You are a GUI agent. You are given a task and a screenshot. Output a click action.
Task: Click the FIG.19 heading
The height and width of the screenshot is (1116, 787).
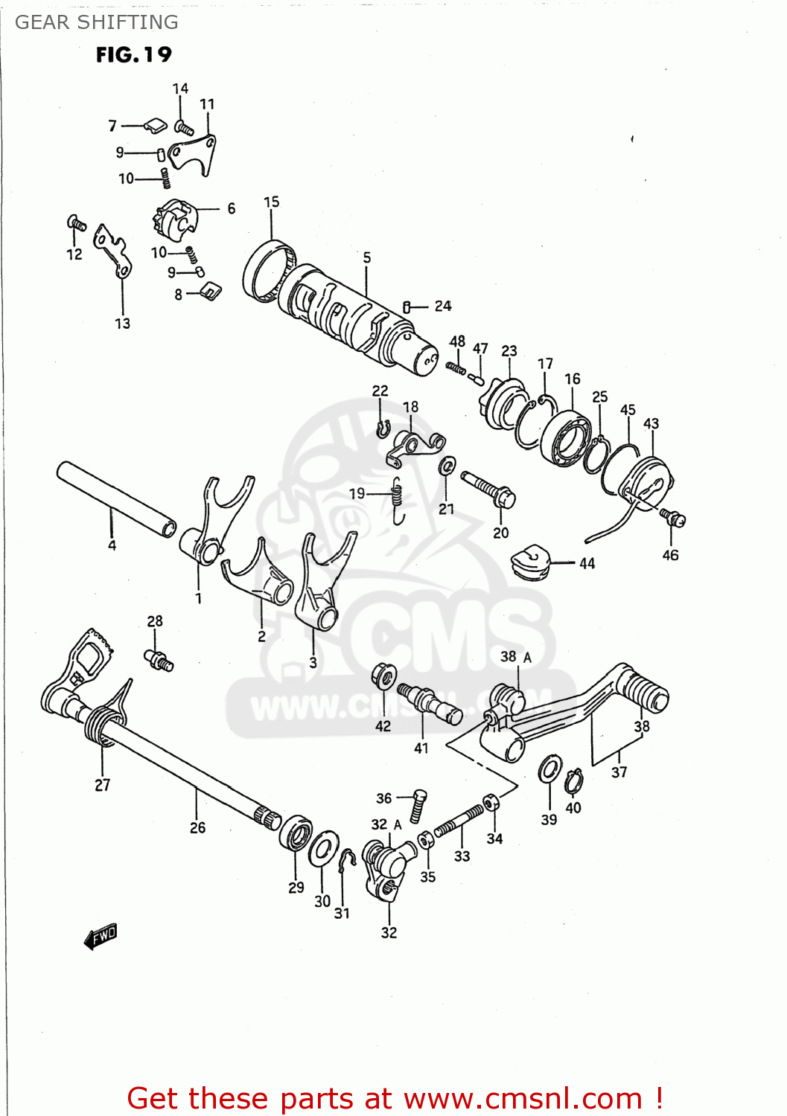click(x=134, y=55)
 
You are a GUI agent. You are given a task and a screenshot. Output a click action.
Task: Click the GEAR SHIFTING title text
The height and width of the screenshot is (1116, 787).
click(x=97, y=22)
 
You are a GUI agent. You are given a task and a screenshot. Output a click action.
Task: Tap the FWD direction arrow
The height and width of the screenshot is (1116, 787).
click(x=101, y=936)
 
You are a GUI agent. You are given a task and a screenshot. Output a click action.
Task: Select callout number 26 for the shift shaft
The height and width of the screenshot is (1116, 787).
click(x=197, y=827)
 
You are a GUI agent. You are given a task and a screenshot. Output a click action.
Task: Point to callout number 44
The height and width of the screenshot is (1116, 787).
click(x=587, y=563)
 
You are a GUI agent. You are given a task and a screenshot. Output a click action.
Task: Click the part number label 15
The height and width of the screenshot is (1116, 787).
click(x=272, y=202)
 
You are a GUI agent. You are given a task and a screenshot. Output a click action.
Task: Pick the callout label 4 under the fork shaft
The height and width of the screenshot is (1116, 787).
click(x=112, y=545)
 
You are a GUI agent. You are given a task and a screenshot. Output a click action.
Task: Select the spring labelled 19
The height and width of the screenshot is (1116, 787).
click(x=398, y=498)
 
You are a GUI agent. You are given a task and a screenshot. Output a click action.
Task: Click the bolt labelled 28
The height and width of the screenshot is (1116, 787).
click(x=159, y=659)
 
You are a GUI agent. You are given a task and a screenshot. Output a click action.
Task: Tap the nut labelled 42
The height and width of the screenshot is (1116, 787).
click(x=383, y=676)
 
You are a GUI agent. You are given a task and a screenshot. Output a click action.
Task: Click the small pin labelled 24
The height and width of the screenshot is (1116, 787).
click(x=407, y=307)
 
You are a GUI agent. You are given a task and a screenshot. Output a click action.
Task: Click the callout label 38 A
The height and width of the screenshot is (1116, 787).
click(x=516, y=657)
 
